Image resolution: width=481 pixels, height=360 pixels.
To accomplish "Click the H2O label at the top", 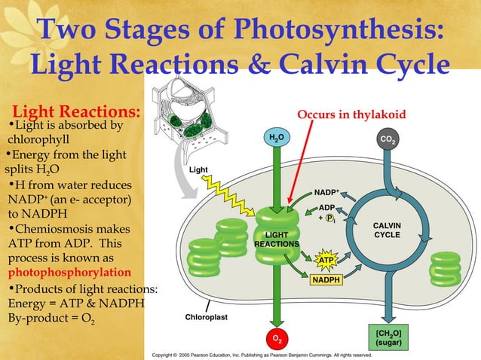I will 278,138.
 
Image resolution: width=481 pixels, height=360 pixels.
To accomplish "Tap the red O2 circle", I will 278,338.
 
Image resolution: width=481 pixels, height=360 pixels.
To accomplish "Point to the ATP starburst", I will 325,261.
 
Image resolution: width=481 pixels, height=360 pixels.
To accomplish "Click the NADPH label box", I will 325,281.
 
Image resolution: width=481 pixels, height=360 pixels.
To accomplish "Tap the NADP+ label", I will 327,191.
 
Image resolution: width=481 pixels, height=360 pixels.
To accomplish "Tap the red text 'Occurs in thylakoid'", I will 351,114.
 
